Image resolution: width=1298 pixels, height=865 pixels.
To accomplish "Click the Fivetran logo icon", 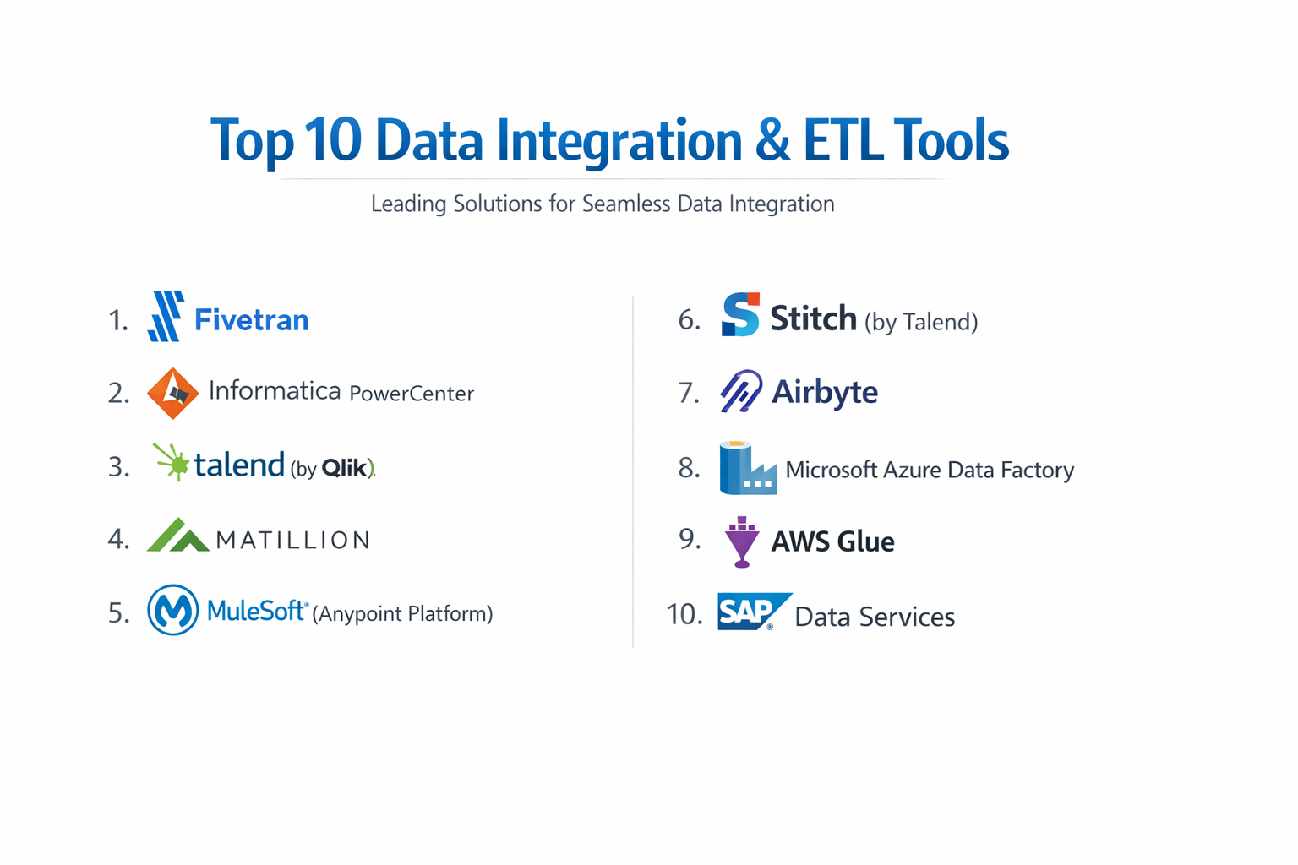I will (x=166, y=317).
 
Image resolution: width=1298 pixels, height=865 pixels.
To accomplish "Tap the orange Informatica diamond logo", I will (x=172, y=393).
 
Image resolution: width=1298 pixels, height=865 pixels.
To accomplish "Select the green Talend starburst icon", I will (x=172, y=462).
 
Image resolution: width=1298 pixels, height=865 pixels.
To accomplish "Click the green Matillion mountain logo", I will (x=177, y=536).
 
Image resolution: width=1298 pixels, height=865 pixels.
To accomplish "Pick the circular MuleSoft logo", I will (x=172, y=610).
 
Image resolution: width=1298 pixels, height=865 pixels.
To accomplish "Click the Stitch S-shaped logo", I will (x=740, y=315).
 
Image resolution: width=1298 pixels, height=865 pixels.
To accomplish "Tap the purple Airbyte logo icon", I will (x=741, y=391).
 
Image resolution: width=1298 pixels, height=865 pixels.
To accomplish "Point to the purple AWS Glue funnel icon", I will (x=742, y=541).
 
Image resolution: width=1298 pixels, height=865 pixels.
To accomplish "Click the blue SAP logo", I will (x=751, y=612).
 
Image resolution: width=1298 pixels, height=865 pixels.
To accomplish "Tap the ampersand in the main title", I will (x=772, y=140).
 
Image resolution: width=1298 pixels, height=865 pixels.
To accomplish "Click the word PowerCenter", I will (x=412, y=394).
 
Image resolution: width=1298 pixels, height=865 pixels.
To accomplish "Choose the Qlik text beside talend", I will (x=346, y=467).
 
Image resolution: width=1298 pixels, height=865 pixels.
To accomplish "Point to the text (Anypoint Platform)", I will (x=402, y=613).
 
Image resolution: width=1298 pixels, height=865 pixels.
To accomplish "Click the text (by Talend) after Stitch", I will (x=921, y=322).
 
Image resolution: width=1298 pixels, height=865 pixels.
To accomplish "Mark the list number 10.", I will (x=684, y=614).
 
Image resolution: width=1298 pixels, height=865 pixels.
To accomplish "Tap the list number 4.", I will (x=118, y=539).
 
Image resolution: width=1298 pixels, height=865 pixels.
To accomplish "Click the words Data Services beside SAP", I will (x=875, y=617).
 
